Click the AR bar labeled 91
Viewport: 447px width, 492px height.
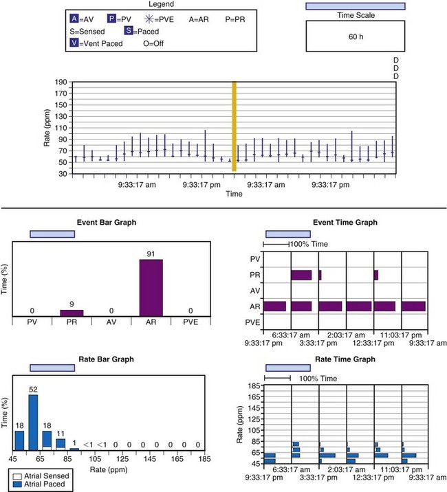(x=151, y=287)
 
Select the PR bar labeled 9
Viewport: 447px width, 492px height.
(x=72, y=313)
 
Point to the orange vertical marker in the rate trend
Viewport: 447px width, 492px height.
(x=235, y=126)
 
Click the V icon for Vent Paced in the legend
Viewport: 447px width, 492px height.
(x=74, y=43)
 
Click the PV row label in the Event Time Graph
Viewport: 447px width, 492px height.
(x=255, y=259)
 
